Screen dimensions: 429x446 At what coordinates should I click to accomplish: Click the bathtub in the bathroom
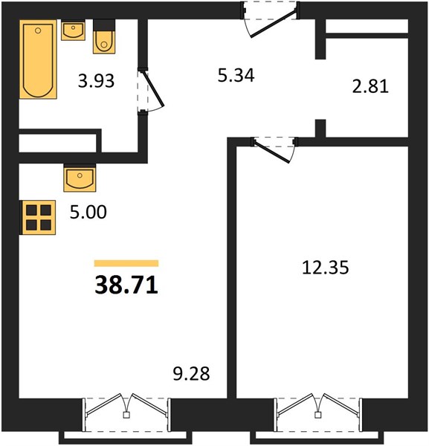tap(38, 59)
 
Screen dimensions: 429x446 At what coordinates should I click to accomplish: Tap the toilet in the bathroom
tap(104, 36)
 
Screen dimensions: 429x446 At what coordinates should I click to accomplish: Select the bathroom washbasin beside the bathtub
tap(73, 30)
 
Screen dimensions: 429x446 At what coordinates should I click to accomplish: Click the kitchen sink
tap(80, 178)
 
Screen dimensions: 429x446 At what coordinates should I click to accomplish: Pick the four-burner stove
tap(38, 218)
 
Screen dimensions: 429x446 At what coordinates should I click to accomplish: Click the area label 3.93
tap(96, 81)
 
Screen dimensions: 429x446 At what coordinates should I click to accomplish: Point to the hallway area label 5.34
tap(236, 76)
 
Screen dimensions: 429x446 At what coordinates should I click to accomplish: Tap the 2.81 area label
tap(370, 86)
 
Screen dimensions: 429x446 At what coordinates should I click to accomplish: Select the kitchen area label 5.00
tap(88, 212)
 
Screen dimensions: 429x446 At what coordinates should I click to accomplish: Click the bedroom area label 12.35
tap(325, 268)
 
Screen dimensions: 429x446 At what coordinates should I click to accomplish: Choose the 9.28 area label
tap(192, 374)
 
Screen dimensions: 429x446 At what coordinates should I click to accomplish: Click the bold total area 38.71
tap(126, 285)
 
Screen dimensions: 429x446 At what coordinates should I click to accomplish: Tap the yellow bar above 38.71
tap(126, 263)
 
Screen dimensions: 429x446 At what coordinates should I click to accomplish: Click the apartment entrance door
tap(270, 19)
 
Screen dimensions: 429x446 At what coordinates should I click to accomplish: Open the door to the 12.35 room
tap(274, 149)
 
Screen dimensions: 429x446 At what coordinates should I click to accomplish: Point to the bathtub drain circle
tap(38, 30)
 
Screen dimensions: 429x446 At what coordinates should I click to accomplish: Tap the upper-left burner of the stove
tap(31, 210)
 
